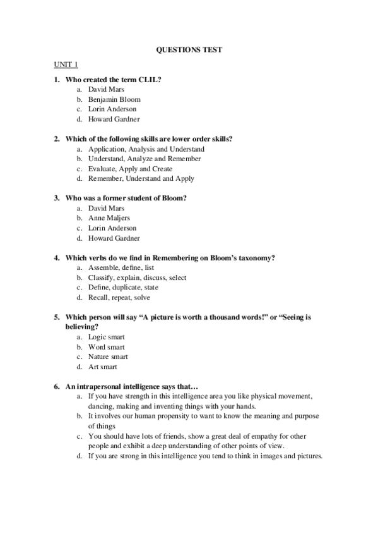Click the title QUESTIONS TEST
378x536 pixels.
click(189, 49)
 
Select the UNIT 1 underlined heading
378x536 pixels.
click(65, 64)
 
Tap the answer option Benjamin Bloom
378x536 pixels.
click(114, 99)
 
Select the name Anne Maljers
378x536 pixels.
click(109, 218)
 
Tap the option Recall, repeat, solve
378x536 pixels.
click(119, 297)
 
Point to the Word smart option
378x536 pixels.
click(107, 347)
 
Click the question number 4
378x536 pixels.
click(56, 258)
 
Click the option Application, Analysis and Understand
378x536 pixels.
click(146, 149)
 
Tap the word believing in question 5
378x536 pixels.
click(82, 327)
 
